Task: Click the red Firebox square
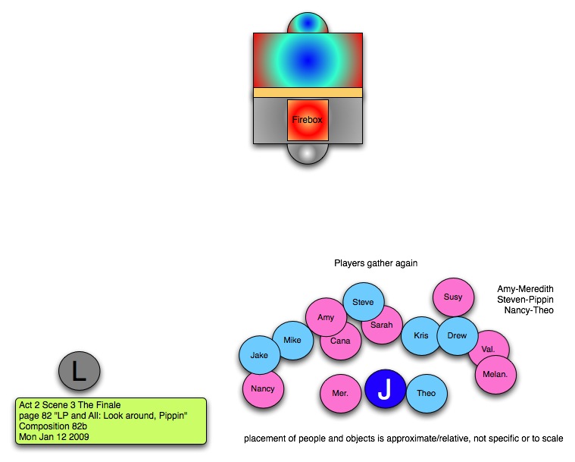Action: [x=308, y=120]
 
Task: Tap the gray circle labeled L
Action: [x=80, y=371]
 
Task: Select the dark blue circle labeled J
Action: [x=386, y=389]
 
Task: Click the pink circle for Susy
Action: [x=453, y=297]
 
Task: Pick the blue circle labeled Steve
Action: [x=364, y=302]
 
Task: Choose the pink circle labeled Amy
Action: [x=326, y=317]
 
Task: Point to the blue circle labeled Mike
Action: [x=292, y=341]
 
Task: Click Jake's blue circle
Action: [x=259, y=355]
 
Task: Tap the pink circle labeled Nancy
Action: [x=263, y=389]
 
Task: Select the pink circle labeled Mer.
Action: [x=340, y=394]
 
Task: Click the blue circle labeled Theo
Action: [x=427, y=393]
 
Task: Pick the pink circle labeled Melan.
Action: [x=496, y=374]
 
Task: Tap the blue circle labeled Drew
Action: [x=458, y=335]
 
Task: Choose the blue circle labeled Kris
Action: [x=421, y=335]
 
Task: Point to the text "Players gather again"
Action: [x=377, y=263]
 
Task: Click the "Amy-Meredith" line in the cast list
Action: [x=525, y=289]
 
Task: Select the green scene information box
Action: [x=111, y=420]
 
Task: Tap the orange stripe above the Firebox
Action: [x=308, y=93]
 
